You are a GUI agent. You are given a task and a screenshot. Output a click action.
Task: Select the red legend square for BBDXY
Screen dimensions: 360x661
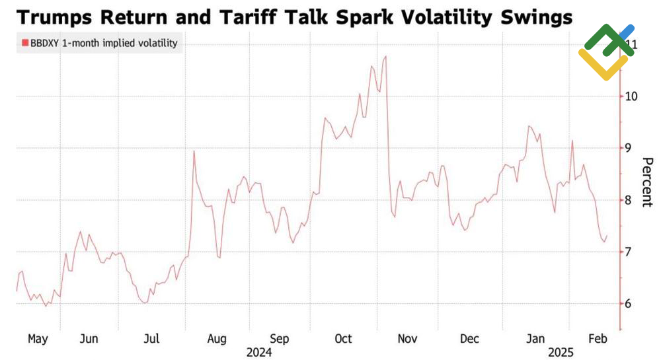click(x=25, y=44)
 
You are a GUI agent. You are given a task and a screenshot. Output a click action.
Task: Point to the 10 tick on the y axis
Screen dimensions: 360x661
click(x=631, y=96)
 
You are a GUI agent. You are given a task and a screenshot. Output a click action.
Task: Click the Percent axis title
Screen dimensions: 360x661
click(x=648, y=182)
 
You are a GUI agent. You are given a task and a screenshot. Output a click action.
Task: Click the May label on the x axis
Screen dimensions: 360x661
click(x=38, y=339)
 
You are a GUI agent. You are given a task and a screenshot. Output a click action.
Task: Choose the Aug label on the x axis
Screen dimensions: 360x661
click(x=217, y=339)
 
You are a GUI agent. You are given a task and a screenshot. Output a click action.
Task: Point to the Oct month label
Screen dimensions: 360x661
click(x=343, y=339)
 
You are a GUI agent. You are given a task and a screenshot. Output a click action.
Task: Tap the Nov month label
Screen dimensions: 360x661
click(x=407, y=339)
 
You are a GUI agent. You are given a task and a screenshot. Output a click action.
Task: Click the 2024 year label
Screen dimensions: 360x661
click(x=259, y=353)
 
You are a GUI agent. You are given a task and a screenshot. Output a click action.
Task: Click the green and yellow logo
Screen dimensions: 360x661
click(x=605, y=50)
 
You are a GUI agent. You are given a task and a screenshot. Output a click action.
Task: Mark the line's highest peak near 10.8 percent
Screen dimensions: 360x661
click(x=385, y=57)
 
